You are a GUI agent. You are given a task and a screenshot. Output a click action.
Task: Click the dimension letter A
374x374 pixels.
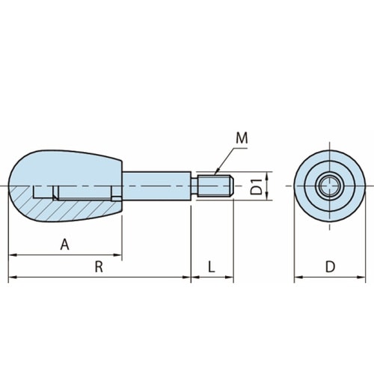click(65, 245)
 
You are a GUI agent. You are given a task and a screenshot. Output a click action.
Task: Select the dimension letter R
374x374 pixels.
click(99, 267)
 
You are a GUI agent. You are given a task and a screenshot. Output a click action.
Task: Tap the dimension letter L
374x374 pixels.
click(212, 267)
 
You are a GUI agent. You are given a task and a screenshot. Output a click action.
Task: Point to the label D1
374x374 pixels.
click(257, 186)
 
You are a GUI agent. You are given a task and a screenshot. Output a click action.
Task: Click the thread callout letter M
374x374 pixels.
click(242, 138)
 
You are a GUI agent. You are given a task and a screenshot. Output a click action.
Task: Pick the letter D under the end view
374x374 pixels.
click(330, 267)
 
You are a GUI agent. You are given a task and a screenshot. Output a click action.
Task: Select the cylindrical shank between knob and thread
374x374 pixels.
click(157, 186)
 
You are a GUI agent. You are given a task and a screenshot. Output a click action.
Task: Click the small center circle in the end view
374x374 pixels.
click(330, 186)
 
